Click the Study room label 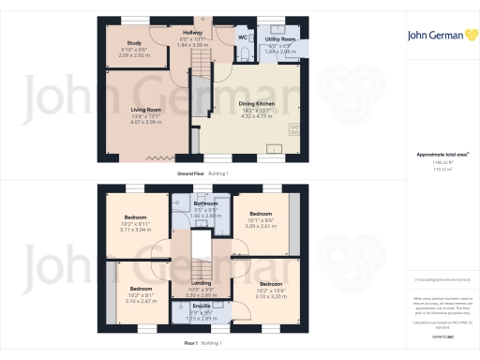click(x=135, y=41)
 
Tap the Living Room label click(x=146, y=110)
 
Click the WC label click(x=243, y=38)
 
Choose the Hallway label click(x=191, y=33)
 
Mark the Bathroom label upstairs click(x=205, y=203)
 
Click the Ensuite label click(x=202, y=306)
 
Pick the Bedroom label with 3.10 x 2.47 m click(x=141, y=288)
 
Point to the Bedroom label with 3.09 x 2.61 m click(x=260, y=214)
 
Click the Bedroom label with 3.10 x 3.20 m click(x=270, y=283)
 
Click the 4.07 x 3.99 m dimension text click(x=146, y=122)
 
